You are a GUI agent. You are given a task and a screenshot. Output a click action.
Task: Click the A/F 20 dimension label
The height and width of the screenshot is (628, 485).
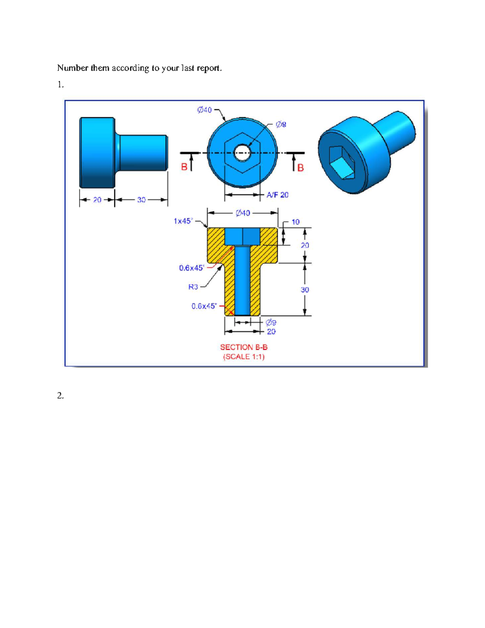pyautogui.click(x=277, y=195)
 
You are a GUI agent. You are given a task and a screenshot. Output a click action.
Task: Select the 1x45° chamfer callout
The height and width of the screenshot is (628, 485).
pyautogui.click(x=183, y=221)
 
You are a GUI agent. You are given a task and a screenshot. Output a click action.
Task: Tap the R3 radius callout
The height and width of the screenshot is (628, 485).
pyautogui.click(x=193, y=287)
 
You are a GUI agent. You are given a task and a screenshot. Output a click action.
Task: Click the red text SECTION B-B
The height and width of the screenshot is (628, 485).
pyautogui.click(x=244, y=347)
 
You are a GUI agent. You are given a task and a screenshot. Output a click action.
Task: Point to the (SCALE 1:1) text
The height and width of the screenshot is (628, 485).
pyautogui.click(x=244, y=357)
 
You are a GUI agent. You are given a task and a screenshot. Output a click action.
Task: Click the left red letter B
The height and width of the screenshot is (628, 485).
pyautogui.click(x=184, y=167)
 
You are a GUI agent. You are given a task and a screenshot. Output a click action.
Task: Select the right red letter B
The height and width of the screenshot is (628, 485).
pyautogui.click(x=300, y=168)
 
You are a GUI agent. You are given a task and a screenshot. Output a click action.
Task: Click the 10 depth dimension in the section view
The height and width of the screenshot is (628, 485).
pyautogui.click(x=295, y=222)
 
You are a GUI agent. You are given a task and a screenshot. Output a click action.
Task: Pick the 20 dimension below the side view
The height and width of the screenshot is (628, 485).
pyautogui.click(x=97, y=200)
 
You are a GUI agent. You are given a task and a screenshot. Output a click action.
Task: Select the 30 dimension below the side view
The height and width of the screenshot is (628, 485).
pyautogui.click(x=141, y=200)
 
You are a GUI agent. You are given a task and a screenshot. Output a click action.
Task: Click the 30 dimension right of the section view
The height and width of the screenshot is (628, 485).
pyautogui.click(x=305, y=290)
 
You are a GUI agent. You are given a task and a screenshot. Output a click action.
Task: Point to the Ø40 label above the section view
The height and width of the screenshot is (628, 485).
pyautogui.click(x=243, y=213)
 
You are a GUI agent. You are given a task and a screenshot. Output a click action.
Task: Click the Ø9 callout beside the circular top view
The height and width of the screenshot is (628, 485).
pyautogui.click(x=281, y=125)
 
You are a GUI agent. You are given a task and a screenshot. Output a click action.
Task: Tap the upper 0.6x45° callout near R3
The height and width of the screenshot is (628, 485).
pyautogui.click(x=192, y=268)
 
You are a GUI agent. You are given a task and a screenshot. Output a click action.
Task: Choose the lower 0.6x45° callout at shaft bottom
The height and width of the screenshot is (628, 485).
pyautogui.click(x=204, y=306)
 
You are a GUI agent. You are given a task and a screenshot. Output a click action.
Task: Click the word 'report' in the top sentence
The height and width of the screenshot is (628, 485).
pyautogui.click(x=209, y=68)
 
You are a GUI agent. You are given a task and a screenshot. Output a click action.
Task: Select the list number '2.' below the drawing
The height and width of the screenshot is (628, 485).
pyautogui.click(x=60, y=395)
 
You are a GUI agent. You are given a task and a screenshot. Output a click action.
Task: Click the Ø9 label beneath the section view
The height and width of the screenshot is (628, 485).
pyautogui.click(x=271, y=322)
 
